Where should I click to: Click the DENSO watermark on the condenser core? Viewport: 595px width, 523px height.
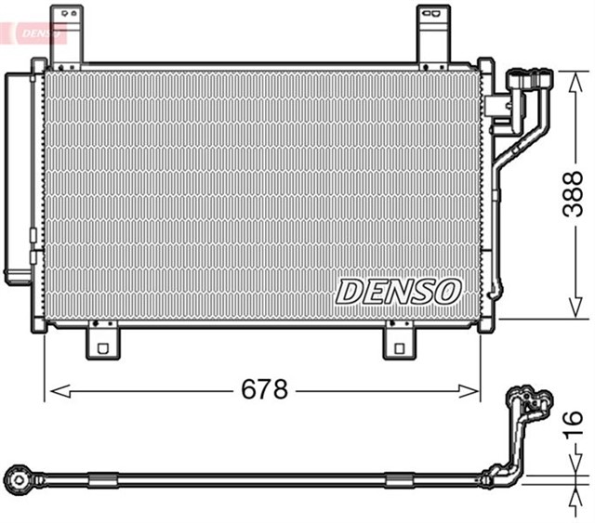(x=398, y=291)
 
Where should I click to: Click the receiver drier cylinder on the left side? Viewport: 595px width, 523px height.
(x=20, y=177)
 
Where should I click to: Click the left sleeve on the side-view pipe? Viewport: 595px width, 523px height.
(x=101, y=479)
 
